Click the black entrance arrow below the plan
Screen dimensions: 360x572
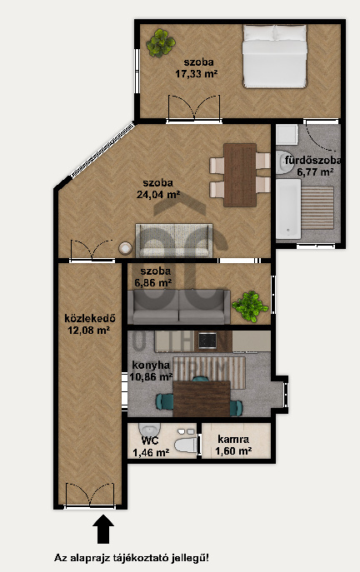[103, 529]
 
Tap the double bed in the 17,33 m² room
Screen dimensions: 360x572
[274, 57]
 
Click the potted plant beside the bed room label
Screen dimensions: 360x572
[161, 43]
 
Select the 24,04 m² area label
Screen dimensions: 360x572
[158, 195]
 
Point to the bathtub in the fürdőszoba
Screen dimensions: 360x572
[288, 209]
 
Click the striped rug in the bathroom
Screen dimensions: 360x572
[318, 208]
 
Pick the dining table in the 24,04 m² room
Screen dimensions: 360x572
[240, 175]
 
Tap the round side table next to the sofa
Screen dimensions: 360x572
[126, 248]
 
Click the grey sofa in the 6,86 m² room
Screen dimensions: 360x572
[179, 306]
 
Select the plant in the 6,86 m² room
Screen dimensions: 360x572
[250, 306]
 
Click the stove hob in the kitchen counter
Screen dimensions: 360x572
[207, 341]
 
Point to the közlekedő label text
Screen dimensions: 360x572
[90, 318]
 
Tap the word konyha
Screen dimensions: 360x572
[151, 365]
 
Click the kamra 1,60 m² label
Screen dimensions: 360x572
[233, 445]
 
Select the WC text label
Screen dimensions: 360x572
[150, 440]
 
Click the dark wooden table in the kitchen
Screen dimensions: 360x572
[202, 399]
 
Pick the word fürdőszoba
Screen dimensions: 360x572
[312, 161]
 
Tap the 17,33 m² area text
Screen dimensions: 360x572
[197, 74]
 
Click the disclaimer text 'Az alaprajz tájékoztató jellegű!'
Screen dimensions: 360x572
[132, 558]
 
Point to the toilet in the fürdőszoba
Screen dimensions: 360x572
[283, 162]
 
